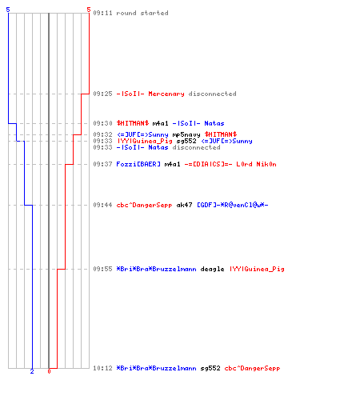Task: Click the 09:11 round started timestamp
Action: click(x=102, y=13)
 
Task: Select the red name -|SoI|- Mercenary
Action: click(x=150, y=94)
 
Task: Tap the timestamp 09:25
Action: click(x=102, y=94)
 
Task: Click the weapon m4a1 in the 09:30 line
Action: click(x=160, y=123)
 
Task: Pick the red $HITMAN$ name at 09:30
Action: click(x=133, y=123)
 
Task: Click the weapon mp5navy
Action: click(x=186, y=134)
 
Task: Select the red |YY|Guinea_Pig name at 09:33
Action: click(x=145, y=141)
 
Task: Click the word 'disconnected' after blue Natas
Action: click(x=196, y=147)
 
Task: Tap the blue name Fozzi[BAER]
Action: click(x=138, y=164)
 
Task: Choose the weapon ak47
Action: click(x=184, y=205)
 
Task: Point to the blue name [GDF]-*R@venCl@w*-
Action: click(x=233, y=205)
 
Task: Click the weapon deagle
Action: click(x=212, y=269)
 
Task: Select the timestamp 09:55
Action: click(x=102, y=269)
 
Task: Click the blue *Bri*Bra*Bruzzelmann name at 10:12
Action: click(x=156, y=368)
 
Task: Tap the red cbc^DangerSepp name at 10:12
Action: click(x=252, y=368)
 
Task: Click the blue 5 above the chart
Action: click(x=8, y=10)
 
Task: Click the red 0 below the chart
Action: click(x=49, y=371)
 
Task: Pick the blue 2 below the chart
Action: click(x=32, y=371)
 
